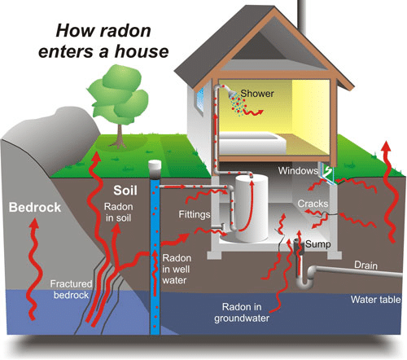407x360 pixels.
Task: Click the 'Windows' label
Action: (295, 171)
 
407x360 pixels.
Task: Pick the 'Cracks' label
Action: (313, 203)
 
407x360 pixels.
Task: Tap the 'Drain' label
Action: (366, 265)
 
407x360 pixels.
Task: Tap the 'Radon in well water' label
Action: (177, 269)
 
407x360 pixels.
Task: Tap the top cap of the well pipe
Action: (155, 166)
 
